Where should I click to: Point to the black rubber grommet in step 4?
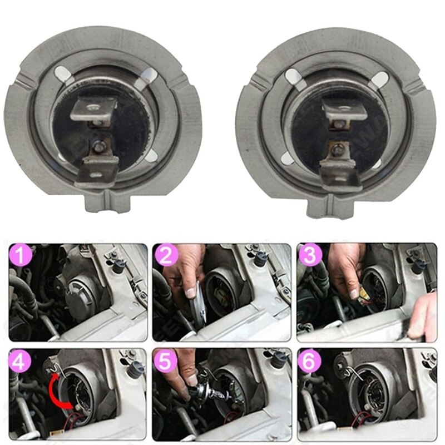[134, 368]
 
